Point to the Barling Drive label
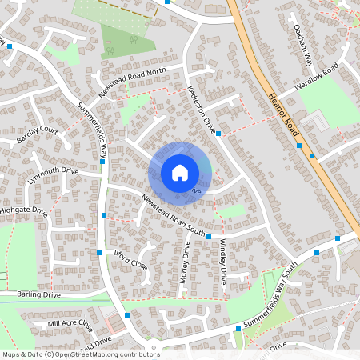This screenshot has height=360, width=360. (39, 294)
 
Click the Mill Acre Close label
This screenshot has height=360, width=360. (70, 325)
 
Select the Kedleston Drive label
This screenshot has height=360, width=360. (201, 107)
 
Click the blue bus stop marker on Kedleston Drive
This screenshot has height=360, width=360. (218, 134)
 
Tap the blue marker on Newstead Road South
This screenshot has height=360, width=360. (208, 237)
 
